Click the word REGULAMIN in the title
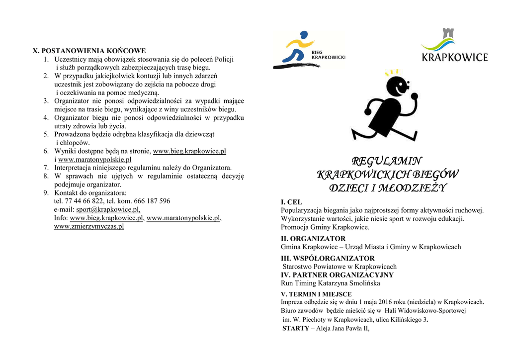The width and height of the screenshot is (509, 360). (387, 161)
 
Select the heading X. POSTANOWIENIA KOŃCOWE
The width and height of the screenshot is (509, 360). (89, 51)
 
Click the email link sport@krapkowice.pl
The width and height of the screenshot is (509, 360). (108, 209)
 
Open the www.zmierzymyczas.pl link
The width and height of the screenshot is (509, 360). (89, 226)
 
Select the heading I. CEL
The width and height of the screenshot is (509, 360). (291, 202)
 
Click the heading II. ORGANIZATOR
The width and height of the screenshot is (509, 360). (313, 239)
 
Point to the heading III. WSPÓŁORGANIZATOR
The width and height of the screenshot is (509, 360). (328, 259)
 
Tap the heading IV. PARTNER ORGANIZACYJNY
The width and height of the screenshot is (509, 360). (337, 275)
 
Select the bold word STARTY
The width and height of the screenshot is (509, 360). (296, 329)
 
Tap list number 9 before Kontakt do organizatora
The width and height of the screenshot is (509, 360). (46, 192)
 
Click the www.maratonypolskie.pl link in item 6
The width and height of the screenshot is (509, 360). (94, 160)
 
